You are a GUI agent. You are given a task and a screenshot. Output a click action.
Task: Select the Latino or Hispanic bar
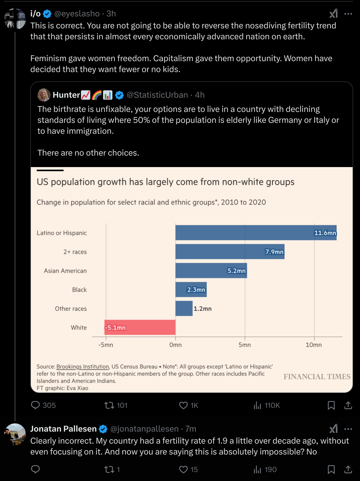(x=256, y=233)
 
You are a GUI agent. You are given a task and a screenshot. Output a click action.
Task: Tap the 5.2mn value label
(x=236, y=271)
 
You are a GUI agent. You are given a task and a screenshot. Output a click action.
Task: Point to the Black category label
(x=79, y=290)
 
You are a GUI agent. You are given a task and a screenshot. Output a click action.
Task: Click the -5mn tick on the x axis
(x=106, y=345)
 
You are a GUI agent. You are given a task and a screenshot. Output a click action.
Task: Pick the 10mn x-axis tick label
(x=314, y=345)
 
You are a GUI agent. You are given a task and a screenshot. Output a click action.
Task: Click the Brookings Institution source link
(x=83, y=367)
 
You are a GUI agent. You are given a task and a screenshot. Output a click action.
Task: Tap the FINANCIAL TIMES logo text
(x=317, y=377)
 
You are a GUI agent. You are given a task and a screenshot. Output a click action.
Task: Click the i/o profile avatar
(x=15, y=19)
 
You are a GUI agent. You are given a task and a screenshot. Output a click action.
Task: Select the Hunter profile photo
(x=44, y=95)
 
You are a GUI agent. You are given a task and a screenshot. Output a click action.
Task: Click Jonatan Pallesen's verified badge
(x=103, y=429)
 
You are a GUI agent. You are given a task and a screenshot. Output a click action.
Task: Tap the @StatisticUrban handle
(x=157, y=95)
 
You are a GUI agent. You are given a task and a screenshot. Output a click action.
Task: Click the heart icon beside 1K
(x=183, y=405)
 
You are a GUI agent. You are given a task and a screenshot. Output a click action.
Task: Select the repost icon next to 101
(x=109, y=405)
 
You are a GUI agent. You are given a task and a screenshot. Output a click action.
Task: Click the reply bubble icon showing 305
(x=35, y=405)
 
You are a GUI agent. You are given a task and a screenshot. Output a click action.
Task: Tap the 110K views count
(x=272, y=405)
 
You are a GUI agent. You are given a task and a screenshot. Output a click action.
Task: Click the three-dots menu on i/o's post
(x=348, y=14)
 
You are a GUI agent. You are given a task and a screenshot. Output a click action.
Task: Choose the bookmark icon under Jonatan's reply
(x=331, y=470)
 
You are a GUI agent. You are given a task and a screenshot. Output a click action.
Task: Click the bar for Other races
(x=184, y=308)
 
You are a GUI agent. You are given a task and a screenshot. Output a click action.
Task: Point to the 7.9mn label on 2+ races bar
(x=274, y=252)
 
